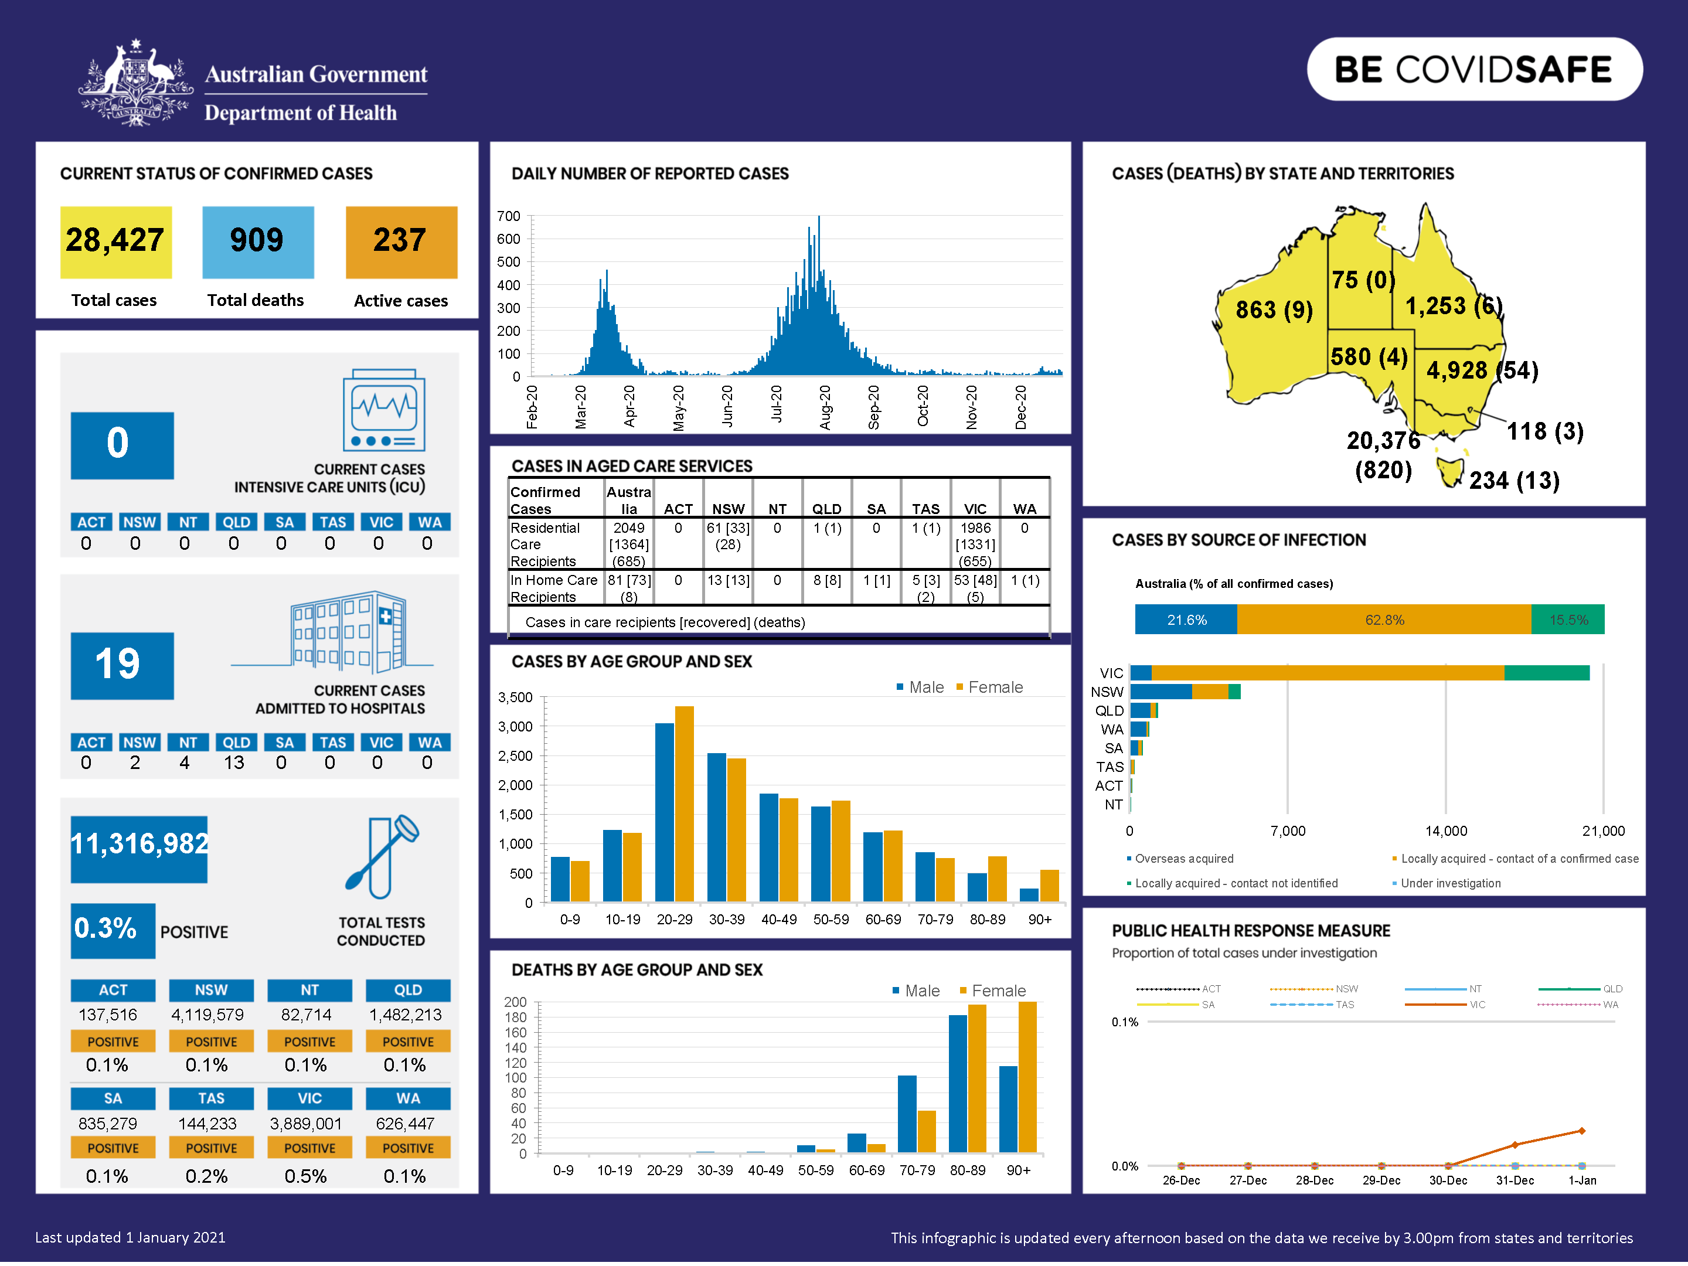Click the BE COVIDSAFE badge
(1473, 69)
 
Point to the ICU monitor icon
(384, 410)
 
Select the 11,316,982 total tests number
(139, 844)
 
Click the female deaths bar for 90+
(1028, 1077)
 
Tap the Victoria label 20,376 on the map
(1383, 441)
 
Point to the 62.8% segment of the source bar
(1384, 620)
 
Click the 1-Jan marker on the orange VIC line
(1581, 1131)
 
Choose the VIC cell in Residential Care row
(975, 544)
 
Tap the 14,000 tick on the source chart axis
(1445, 831)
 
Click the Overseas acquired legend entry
(1183, 859)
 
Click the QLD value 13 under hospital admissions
(234, 763)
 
